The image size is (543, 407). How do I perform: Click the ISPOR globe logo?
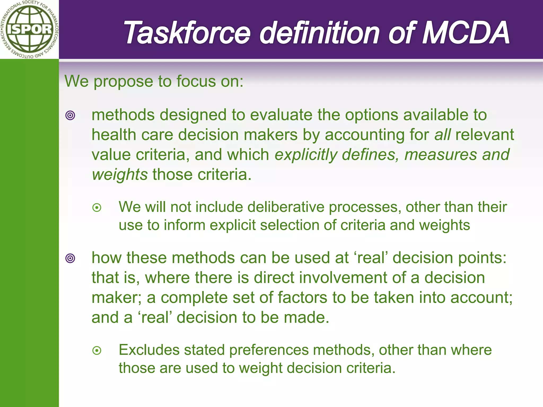coord(29,29)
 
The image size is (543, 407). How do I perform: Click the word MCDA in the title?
coord(465,33)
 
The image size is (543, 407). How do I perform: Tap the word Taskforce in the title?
coord(187,33)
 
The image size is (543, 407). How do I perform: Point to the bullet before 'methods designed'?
coord(70,116)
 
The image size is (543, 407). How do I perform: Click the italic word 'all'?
coord(442,135)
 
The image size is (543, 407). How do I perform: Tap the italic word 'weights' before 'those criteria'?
coord(120,175)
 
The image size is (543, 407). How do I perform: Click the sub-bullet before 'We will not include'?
coord(97,207)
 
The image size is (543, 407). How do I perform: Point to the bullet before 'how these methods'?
coord(70,258)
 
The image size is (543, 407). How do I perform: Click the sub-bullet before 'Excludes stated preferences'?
coord(97,351)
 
